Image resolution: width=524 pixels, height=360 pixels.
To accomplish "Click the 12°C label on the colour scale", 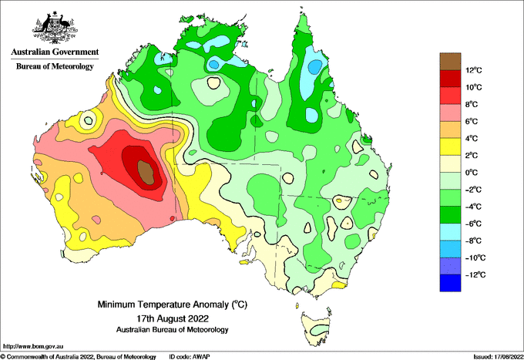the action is pyautogui.click(x=474, y=70).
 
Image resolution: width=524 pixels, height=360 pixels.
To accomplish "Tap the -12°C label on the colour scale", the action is pyautogui.click(x=475, y=274).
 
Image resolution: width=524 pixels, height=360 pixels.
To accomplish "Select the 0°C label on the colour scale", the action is pyautogui.click(x=472, y=173).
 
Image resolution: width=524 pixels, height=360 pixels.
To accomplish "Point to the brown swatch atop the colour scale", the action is pyautogui.click(x=450, y=61).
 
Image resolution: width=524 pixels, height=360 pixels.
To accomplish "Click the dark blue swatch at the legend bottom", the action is pyautogui.click(x=450, y=283).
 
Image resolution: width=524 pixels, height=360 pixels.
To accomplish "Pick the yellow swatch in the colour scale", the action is pyautogui.click(x=450, y=146).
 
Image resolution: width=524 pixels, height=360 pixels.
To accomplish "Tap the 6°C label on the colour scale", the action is pyautogui.click(x=472, y=121).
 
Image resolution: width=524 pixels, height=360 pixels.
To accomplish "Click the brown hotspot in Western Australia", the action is pyautogui.click(x=146, y=172).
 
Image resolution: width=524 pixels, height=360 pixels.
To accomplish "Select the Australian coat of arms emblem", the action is pyautogui.click(x=55, y=28).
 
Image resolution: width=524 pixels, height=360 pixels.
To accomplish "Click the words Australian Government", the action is pyautogui.click(x=55, y=52).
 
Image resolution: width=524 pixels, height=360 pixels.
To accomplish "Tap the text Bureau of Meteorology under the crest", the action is pyautogui.click(x=55, y=66).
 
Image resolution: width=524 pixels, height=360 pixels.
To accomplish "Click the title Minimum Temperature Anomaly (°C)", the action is pyautogui.click(x=173, y=304).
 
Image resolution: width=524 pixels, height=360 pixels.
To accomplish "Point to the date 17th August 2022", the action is pyautogui.click(x=173, y=318).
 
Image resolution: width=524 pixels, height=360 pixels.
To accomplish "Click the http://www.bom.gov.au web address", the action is pyautogui.click(x=33, y=346).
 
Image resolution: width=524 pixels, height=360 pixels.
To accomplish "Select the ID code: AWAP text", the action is pyautogui.click(x=190, y=357).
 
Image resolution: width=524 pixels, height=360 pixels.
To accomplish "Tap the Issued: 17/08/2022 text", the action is pyautogui.click(x=498, y=357).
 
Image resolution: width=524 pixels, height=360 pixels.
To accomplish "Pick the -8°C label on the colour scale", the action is pyautogui.click(x=473, y=241).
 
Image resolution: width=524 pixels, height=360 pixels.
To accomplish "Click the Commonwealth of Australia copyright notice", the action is pyautogui.click(x=78, y=357).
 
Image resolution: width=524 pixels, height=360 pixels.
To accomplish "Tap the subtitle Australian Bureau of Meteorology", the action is pyautogui.click(x=173, y=330).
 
